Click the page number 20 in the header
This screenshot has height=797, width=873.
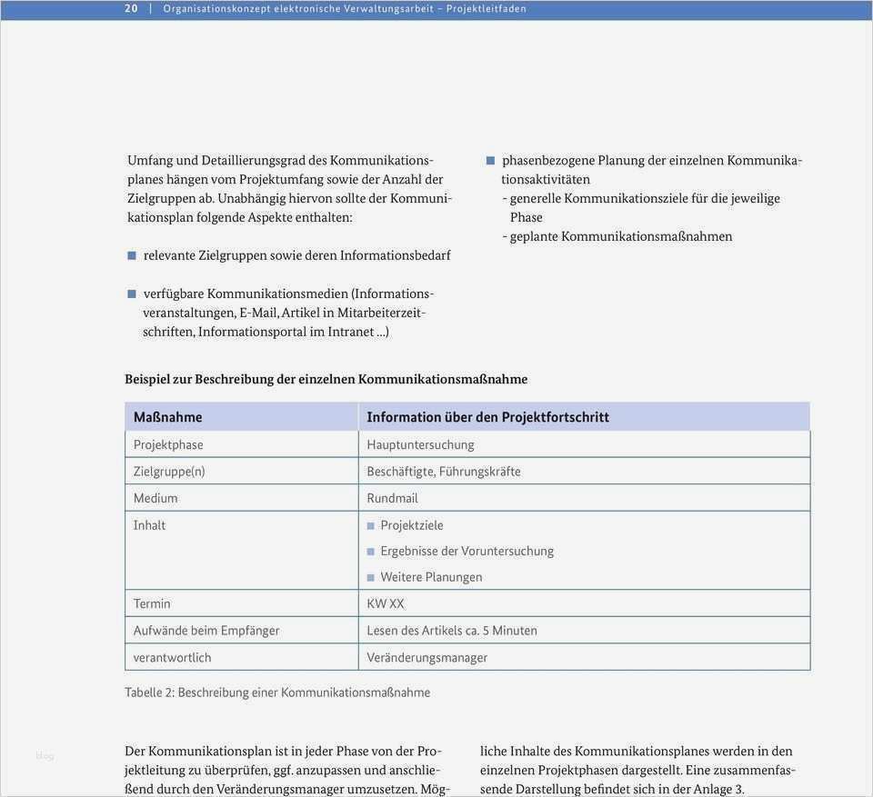click(131, 9)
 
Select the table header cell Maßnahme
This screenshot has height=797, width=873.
click(168, 417)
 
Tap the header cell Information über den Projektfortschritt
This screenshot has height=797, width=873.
click(487, 417)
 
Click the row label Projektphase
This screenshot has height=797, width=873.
click(168, 444)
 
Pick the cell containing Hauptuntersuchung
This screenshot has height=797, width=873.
click(420, 444)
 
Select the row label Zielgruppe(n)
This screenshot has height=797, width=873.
click(169, 472)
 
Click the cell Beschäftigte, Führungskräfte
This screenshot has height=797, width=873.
click(444, 472)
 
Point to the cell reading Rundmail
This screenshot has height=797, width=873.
click(393, 498)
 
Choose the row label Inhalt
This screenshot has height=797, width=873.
click(150, 525)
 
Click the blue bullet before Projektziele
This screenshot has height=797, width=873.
click(371, 526)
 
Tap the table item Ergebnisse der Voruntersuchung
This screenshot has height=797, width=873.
click(467, 551)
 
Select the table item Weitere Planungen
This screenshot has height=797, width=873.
click(431, 577)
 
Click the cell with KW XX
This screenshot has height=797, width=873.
click(386, 603)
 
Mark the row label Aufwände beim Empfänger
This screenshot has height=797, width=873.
click(206, 631)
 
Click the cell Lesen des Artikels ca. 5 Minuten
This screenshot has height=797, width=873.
click(452, 631)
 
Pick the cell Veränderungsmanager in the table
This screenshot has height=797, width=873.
click(427, 657)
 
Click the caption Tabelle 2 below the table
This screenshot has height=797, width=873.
click(277, 692)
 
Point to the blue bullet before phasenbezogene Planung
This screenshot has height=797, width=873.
click(491, 161)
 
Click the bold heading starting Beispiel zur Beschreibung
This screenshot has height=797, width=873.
click(326, 379)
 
